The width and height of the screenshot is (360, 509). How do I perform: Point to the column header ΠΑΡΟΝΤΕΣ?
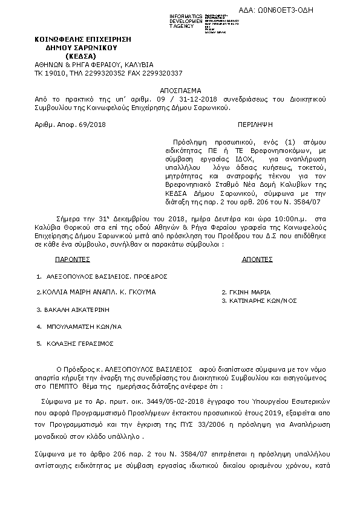click(72, 258)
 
